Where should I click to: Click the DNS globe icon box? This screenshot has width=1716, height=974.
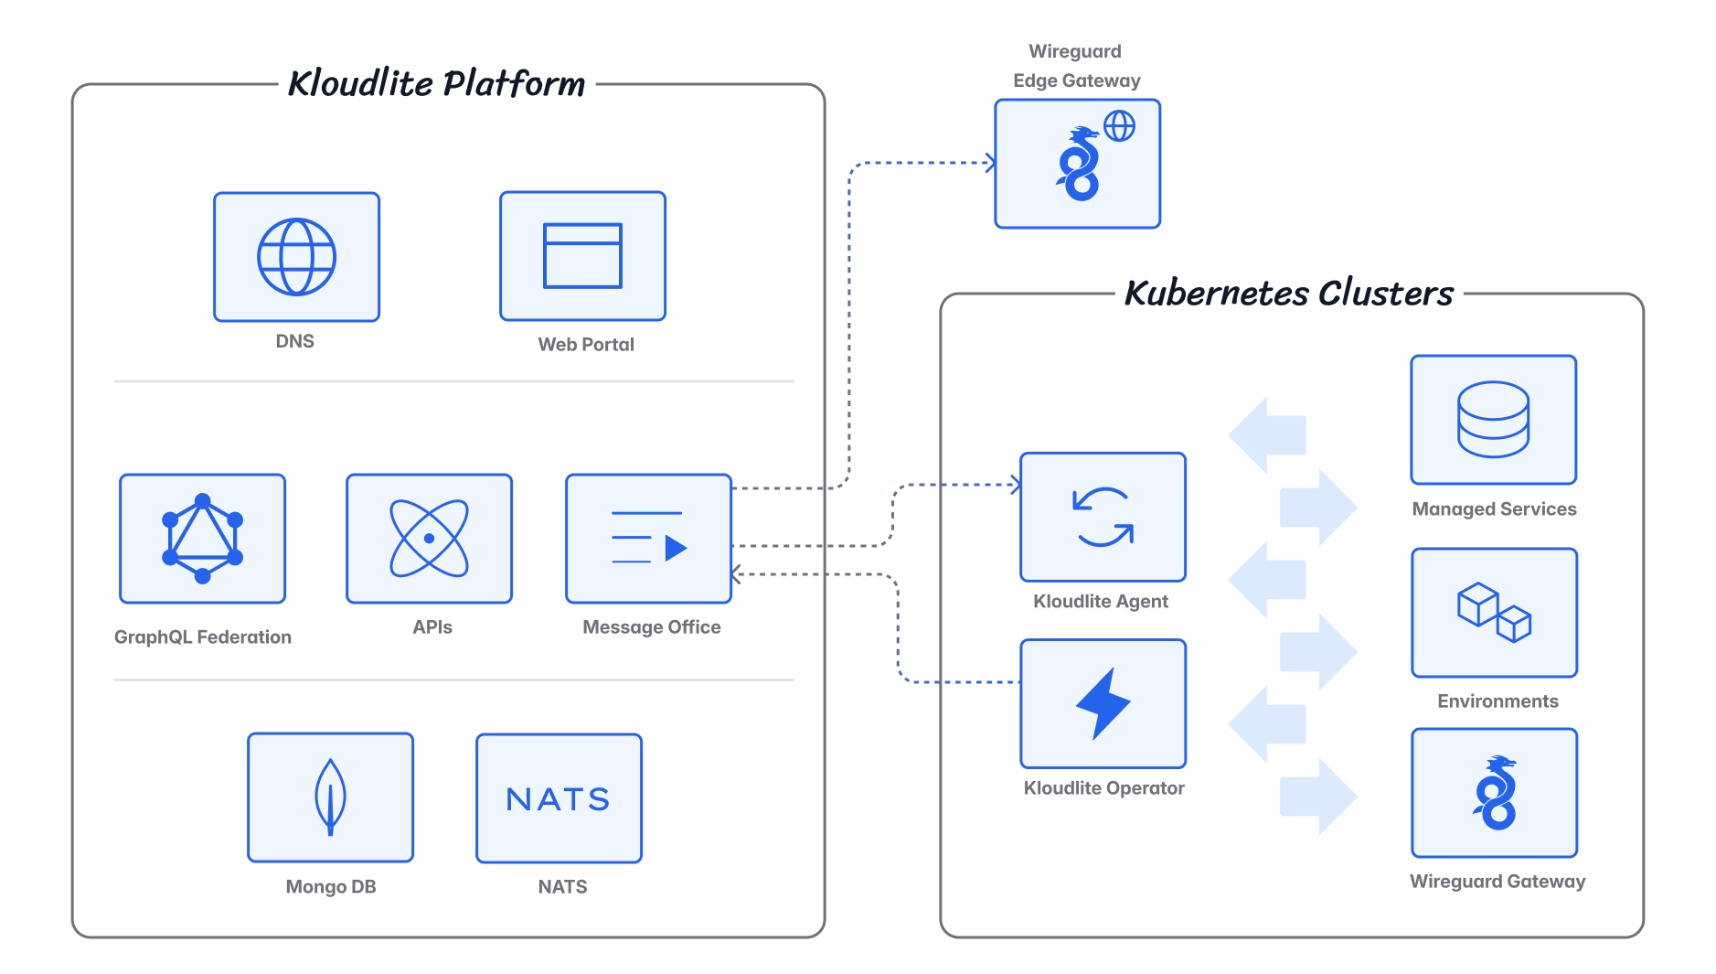pos(296,257)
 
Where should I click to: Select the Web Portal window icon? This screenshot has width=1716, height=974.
pos(582,256)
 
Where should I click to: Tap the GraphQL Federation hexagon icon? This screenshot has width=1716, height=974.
pos(202,539)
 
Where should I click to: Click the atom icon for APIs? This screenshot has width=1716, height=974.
pos(429,539)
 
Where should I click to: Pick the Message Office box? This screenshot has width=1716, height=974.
pos(648,539)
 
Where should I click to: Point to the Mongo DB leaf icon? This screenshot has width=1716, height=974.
pos(330,797)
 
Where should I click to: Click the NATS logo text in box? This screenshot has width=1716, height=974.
pos(559,799)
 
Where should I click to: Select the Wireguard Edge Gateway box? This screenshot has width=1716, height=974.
pos(1077,165)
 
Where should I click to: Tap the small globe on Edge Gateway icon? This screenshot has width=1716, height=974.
pos(1119,126)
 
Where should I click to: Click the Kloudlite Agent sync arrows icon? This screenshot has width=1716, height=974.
pos(1103,517)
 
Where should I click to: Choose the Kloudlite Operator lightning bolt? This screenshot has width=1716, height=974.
pos(1103,703)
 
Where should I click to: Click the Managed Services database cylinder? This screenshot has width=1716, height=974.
pos(1493,420)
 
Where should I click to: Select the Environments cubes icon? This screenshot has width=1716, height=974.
pos(1494,613)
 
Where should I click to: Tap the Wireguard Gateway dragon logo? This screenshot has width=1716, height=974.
pos(1495,793)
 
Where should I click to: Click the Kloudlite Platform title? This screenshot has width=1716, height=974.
pos(436,84)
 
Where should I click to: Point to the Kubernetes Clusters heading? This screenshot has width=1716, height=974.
pos(1288,294)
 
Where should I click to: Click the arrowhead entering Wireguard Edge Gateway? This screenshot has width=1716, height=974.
pos(990,164)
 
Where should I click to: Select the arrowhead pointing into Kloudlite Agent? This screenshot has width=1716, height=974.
pos(1016,485)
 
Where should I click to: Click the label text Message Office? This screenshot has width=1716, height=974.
pos(651,627)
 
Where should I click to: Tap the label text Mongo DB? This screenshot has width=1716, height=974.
pos(330,887)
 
